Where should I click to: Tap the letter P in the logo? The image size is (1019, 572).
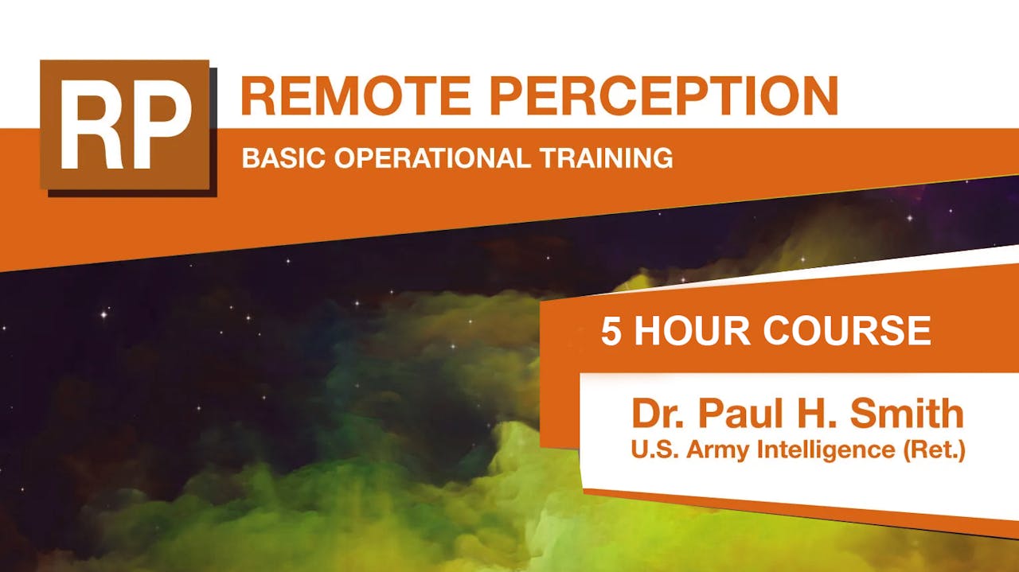[x=162, y=127]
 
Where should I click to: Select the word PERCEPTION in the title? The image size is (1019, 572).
[x=664, y=95]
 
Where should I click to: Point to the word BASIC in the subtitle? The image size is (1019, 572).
[x=285, y=158]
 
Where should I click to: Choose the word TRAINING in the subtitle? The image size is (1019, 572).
[x=606, y=158]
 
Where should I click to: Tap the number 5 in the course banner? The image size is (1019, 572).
[x=611, y=332]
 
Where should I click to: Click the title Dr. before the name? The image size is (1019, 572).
[x=661, y=414]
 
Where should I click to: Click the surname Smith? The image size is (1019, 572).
[x=908, y=414]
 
